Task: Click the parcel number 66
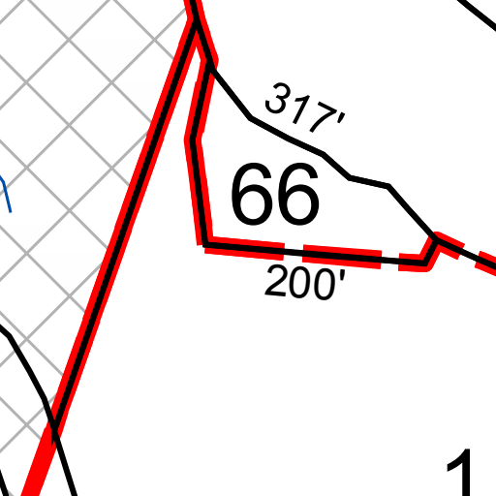click(275, 194)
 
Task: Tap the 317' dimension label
click(305, 108)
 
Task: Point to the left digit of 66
click(252, 194)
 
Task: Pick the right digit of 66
click(298, 194)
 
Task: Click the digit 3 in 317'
click(277, 98)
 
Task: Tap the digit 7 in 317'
click(323, 117)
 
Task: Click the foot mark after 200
click(342, 275)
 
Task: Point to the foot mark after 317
click(342, 119)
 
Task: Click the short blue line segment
click(6, 194)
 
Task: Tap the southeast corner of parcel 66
click(424, 263)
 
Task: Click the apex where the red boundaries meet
click(195, 22)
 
